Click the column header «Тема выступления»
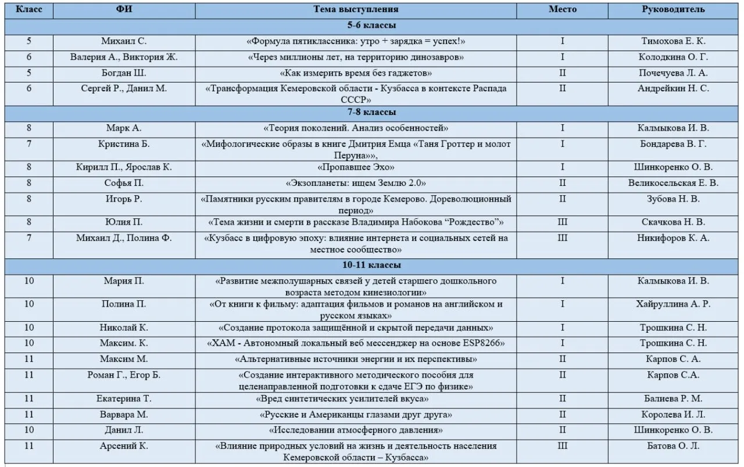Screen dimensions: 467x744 click(356, 9)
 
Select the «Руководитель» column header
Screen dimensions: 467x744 click(673, 9)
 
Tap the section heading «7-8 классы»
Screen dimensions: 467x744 click(356, 112)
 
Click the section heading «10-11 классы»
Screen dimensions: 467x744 click(356, 265)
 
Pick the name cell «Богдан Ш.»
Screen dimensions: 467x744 click(124, 73)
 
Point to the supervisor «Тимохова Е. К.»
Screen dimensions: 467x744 click(673, 41)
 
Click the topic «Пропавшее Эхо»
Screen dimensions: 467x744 click(356, 167)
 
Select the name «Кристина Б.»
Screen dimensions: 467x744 click(124, 143)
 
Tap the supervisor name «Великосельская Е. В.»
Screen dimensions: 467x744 click(673, 183)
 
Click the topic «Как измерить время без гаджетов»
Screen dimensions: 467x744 click(356, 73)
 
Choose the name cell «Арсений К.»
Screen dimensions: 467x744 click(124, 446)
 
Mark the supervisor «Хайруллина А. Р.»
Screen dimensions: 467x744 click(673, 304)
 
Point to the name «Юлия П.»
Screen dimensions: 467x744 click(124, 222)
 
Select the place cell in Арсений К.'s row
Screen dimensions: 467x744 click(562, 446)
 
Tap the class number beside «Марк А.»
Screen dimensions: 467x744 click(29, 128)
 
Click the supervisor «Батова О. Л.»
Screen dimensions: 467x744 click(673, 446)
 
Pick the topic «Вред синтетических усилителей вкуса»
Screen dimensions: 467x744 click(342, 399)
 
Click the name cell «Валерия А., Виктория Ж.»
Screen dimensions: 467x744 click(124, 57)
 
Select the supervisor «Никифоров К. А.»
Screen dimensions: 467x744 click(673, 238)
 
